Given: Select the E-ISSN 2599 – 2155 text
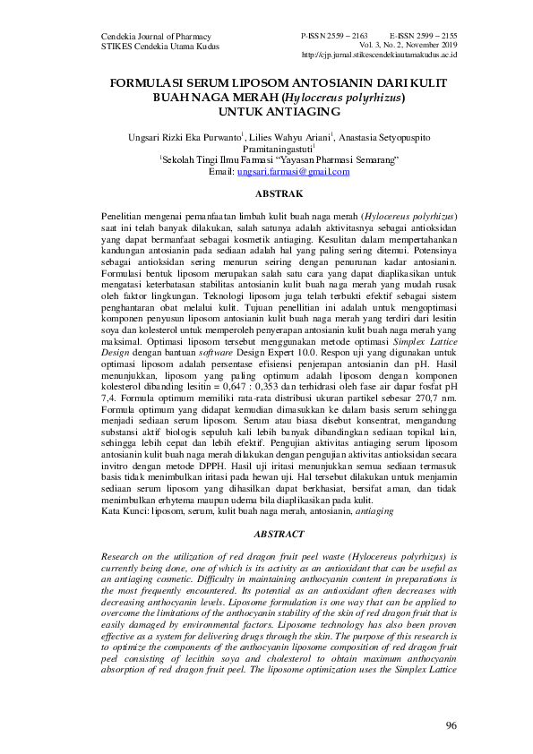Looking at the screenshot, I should click(x=423, y=32).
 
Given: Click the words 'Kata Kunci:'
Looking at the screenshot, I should click(x=124, y=510).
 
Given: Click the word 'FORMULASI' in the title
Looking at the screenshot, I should click(x=148, y=82).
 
